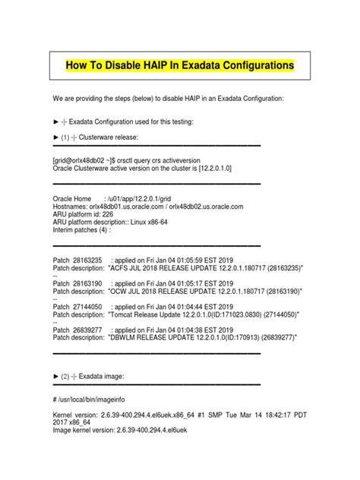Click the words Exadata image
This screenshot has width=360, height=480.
106,376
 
